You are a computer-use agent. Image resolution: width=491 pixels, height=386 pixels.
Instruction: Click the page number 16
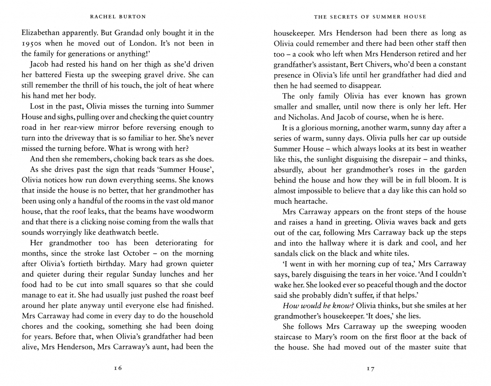(x=118, y=368)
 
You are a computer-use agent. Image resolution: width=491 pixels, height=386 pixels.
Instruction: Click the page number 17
(x=370, y=368)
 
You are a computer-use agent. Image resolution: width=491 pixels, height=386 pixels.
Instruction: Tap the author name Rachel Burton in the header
(x=117, y=16)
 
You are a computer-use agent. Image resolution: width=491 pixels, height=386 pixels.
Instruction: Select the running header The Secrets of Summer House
(x=370, y=16)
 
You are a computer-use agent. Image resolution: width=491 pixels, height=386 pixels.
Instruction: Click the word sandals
(x=287, y=253)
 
